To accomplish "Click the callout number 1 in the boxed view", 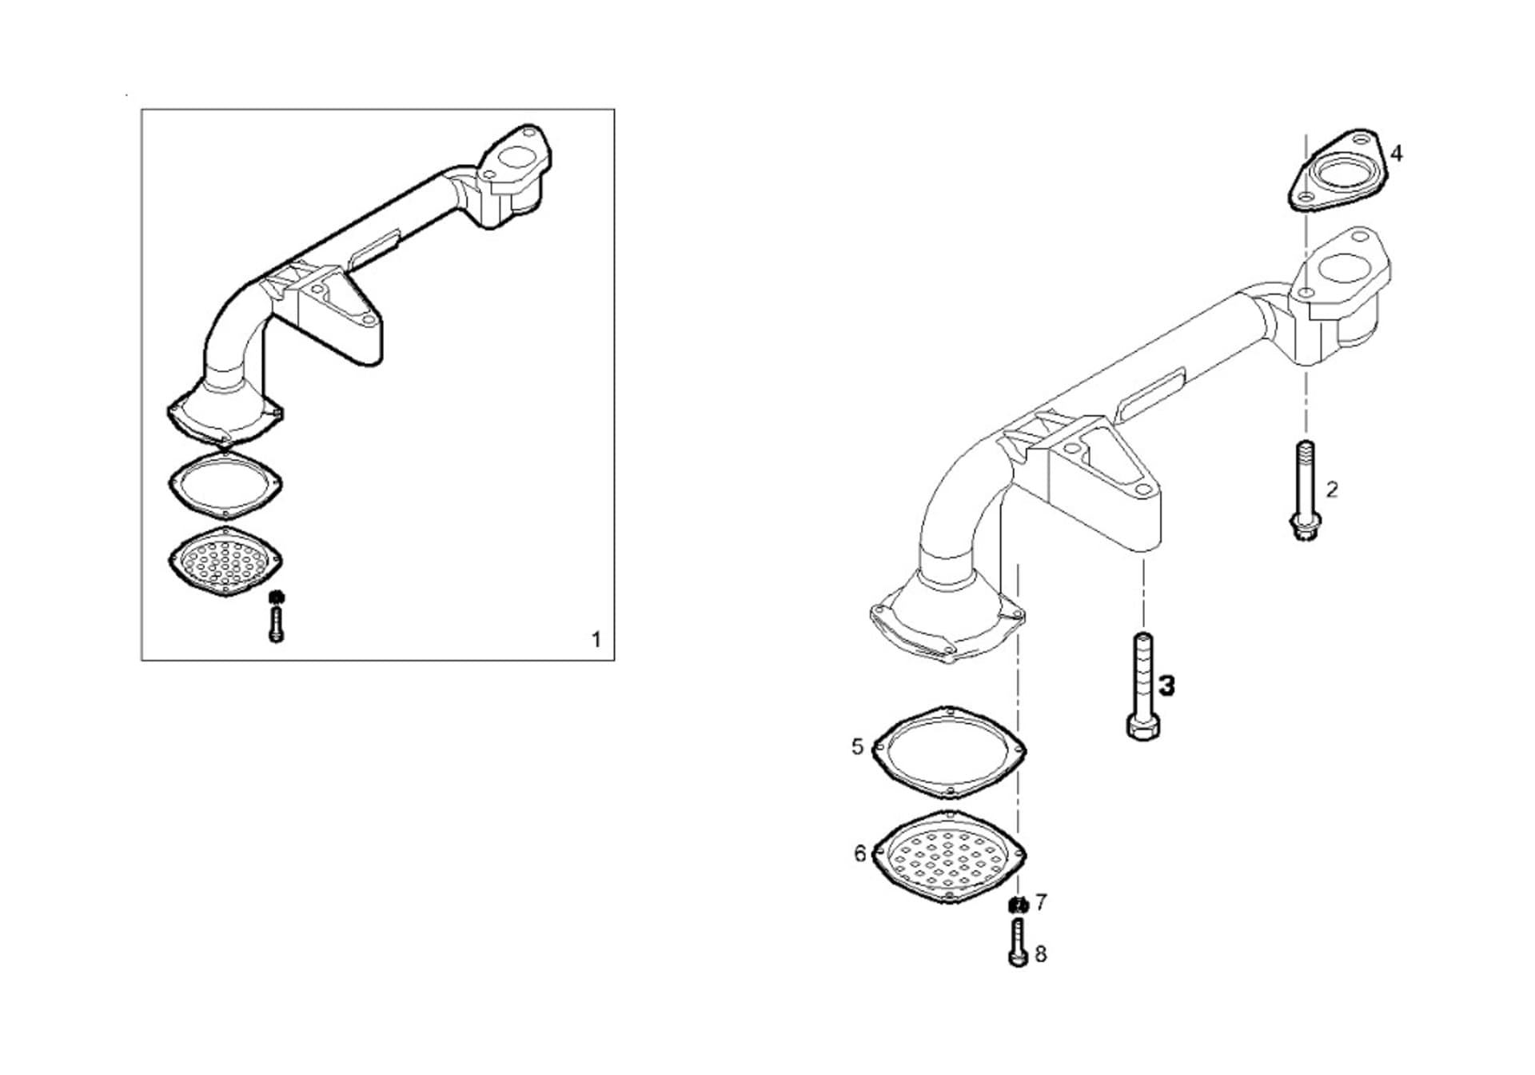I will pos(596,640).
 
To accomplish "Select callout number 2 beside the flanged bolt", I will pos(1332,490).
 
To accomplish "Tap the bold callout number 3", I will pos(1167,685).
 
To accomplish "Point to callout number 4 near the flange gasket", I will pos(1396,153).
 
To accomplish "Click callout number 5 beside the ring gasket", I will pos(857,747).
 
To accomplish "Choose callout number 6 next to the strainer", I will pos(859,853).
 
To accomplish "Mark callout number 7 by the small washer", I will pos(1040,902).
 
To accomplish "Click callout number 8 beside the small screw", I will pos(1040,953).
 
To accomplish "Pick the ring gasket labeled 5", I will pos(949,753).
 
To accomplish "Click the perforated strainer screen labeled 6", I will pos(948,858).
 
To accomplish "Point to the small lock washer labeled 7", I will pos(1018,905).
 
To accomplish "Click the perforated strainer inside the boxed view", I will pos(225,561).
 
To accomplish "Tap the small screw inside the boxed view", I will pos(276,624).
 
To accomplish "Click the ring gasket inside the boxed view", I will pos(225,484).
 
